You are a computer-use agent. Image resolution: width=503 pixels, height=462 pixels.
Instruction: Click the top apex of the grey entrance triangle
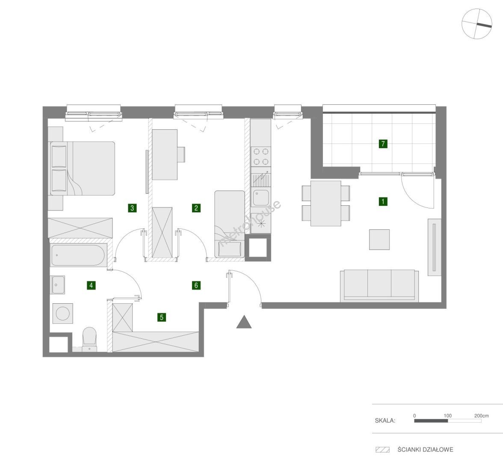coord(244,316)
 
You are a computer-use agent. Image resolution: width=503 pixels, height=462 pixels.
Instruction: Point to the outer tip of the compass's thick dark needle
coord(491,27)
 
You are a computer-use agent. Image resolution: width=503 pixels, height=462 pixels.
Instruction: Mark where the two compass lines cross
coord(476,24)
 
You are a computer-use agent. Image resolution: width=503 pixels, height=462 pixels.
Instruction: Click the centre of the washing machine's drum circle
coord(62,314)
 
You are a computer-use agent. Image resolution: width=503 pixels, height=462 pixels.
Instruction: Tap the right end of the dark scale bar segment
coord(448,421)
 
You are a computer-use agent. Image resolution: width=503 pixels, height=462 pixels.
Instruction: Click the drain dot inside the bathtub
coord(57,255)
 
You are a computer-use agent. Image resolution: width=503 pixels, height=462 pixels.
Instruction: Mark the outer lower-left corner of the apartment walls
coord(43,357)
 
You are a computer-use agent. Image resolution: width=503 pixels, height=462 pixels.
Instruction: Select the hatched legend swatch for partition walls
coord(382,450)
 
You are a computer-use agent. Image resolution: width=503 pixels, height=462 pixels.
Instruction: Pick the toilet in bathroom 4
coord(89,340)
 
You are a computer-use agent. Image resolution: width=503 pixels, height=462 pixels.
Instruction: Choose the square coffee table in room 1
coord(379,240)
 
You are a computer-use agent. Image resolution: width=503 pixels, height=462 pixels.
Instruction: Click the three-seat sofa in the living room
coord(379,286)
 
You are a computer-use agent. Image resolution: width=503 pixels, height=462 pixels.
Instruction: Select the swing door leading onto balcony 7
coord(417,191)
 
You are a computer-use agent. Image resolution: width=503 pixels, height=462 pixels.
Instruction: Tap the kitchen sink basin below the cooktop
coord(260,197)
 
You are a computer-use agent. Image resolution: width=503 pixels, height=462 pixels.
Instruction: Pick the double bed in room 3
coord(83,169)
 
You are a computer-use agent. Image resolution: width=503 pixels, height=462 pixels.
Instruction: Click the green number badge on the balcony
coord(383,144)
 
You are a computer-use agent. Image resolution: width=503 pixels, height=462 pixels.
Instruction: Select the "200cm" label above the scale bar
coord(482,415)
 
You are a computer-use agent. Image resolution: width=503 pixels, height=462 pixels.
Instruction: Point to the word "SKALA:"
coord(385,421)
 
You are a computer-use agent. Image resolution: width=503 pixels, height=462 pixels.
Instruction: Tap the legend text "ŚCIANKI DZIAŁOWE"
coord(425,450)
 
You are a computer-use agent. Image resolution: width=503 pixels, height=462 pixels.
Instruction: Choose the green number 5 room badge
coord(162,317)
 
